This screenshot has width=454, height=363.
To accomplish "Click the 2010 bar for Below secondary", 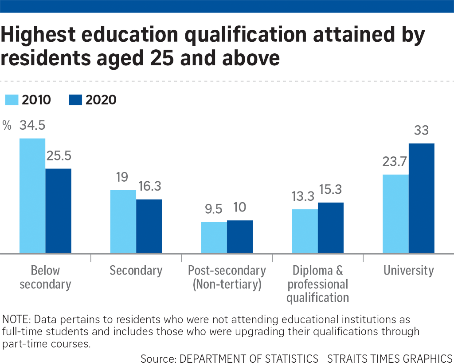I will point(32,196).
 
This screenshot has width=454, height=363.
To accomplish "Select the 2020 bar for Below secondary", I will point(59,211).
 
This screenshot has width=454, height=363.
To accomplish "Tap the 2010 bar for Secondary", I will point(123,222).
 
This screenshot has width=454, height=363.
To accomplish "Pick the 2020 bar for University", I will point(421,198).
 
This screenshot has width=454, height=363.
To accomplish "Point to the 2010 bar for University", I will point(395,214).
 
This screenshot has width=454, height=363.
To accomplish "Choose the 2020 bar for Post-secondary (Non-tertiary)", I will point(240,237).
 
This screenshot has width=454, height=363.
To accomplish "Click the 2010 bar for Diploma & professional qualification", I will point(305,231).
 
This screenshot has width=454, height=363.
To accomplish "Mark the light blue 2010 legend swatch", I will point(11,100).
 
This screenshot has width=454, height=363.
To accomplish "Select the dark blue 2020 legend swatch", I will point(75,100).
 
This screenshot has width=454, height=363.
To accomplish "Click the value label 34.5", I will point(32,125).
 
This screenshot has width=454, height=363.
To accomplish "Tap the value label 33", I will point(421,131).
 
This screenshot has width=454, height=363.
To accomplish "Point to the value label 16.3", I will point(149,187).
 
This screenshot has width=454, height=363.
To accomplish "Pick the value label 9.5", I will point(214,209).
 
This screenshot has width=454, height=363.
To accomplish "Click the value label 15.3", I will point(331,190).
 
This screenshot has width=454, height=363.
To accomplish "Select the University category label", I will point(408,270).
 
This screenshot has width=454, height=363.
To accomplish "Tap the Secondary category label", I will point(136,270).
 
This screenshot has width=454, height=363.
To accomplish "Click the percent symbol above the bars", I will point(7,125).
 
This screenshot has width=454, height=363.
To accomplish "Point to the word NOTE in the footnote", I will point(15,319).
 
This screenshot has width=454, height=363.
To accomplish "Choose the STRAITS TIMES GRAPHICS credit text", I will point(389,358).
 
